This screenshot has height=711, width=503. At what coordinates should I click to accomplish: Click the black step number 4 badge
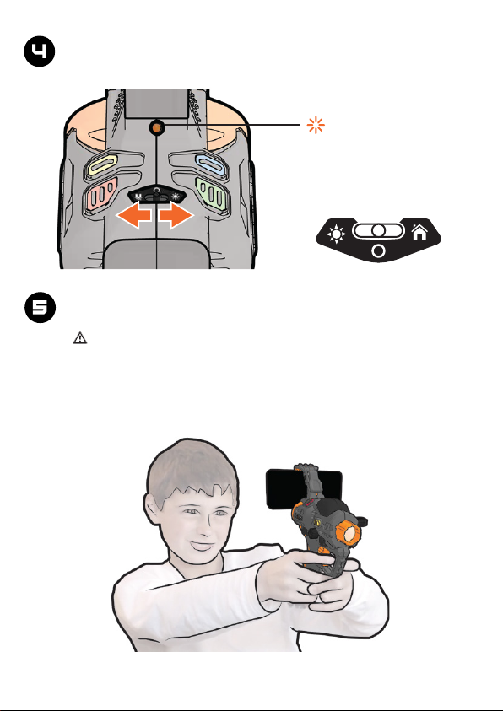point(40,51)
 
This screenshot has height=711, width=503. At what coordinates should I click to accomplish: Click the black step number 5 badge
point(40,308)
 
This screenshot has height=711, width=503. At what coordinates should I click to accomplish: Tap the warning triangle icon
point(80,338)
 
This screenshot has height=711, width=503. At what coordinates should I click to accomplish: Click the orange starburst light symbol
point(316,125)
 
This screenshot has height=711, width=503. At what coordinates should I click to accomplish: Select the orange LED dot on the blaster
point(156,128)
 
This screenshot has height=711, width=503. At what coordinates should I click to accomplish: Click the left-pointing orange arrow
point(134,216)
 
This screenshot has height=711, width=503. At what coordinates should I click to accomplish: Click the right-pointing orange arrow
point(176,216)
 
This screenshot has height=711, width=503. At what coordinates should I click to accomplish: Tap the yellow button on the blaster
point(100,164)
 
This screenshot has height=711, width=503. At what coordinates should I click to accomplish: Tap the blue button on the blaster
point(211,165)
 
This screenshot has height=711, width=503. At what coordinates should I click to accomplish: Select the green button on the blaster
point(210,195)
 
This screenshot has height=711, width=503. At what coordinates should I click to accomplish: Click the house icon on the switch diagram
point(419,233)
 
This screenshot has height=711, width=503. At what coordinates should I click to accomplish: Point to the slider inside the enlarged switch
point(378,231)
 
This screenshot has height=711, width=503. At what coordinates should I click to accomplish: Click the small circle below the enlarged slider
point(378,250)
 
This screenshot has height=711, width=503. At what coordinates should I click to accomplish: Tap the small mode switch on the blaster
point(156,196)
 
